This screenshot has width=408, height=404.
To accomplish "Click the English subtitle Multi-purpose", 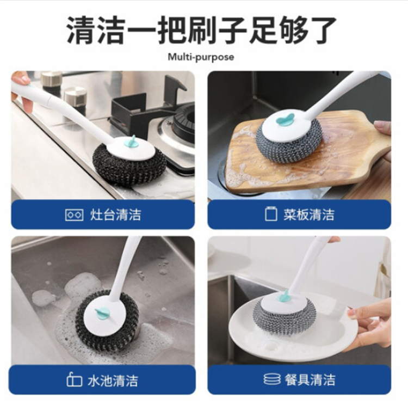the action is tap(201, 57).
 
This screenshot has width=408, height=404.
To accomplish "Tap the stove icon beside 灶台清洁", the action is tap(74, 215).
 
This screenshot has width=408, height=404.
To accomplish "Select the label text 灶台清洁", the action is tap(115, 215).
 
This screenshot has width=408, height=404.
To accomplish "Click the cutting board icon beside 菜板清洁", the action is tap(270, 214).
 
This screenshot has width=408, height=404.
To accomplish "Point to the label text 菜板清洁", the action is tap(309, 215).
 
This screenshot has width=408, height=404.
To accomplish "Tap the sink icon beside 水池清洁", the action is tap(74, 380).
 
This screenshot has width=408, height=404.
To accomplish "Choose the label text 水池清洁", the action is tap(113, 381).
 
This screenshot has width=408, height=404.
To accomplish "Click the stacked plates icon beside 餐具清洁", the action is tap(272, 379).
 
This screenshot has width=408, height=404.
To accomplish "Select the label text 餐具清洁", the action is tap(310, 379).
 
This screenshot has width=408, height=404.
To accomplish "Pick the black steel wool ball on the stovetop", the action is tap(129, 165).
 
